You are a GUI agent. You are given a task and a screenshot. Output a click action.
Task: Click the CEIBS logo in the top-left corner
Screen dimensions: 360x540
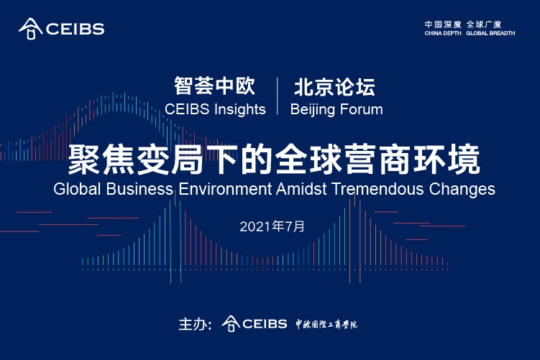(x=61, y=29)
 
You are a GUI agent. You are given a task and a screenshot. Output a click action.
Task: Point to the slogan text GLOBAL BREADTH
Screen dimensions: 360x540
(x=490, y=33)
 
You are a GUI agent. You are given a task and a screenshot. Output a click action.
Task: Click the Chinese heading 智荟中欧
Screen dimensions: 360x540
(x=215, y=87)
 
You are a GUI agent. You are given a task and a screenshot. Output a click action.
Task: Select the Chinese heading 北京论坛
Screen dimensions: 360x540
(x=334, y=87)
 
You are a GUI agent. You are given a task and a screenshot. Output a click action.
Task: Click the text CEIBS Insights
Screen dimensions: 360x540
(x=215, y=109)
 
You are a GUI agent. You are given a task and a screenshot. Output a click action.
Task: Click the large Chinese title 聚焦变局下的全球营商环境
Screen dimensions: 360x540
(x=273, y=159)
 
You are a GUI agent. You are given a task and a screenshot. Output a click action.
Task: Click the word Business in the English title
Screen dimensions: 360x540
(x=139, y=190)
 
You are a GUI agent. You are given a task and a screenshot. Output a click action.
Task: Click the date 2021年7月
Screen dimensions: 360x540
(x=273, y=226)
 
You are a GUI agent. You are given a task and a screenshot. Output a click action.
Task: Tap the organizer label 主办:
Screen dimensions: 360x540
(x=194, y=324)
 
